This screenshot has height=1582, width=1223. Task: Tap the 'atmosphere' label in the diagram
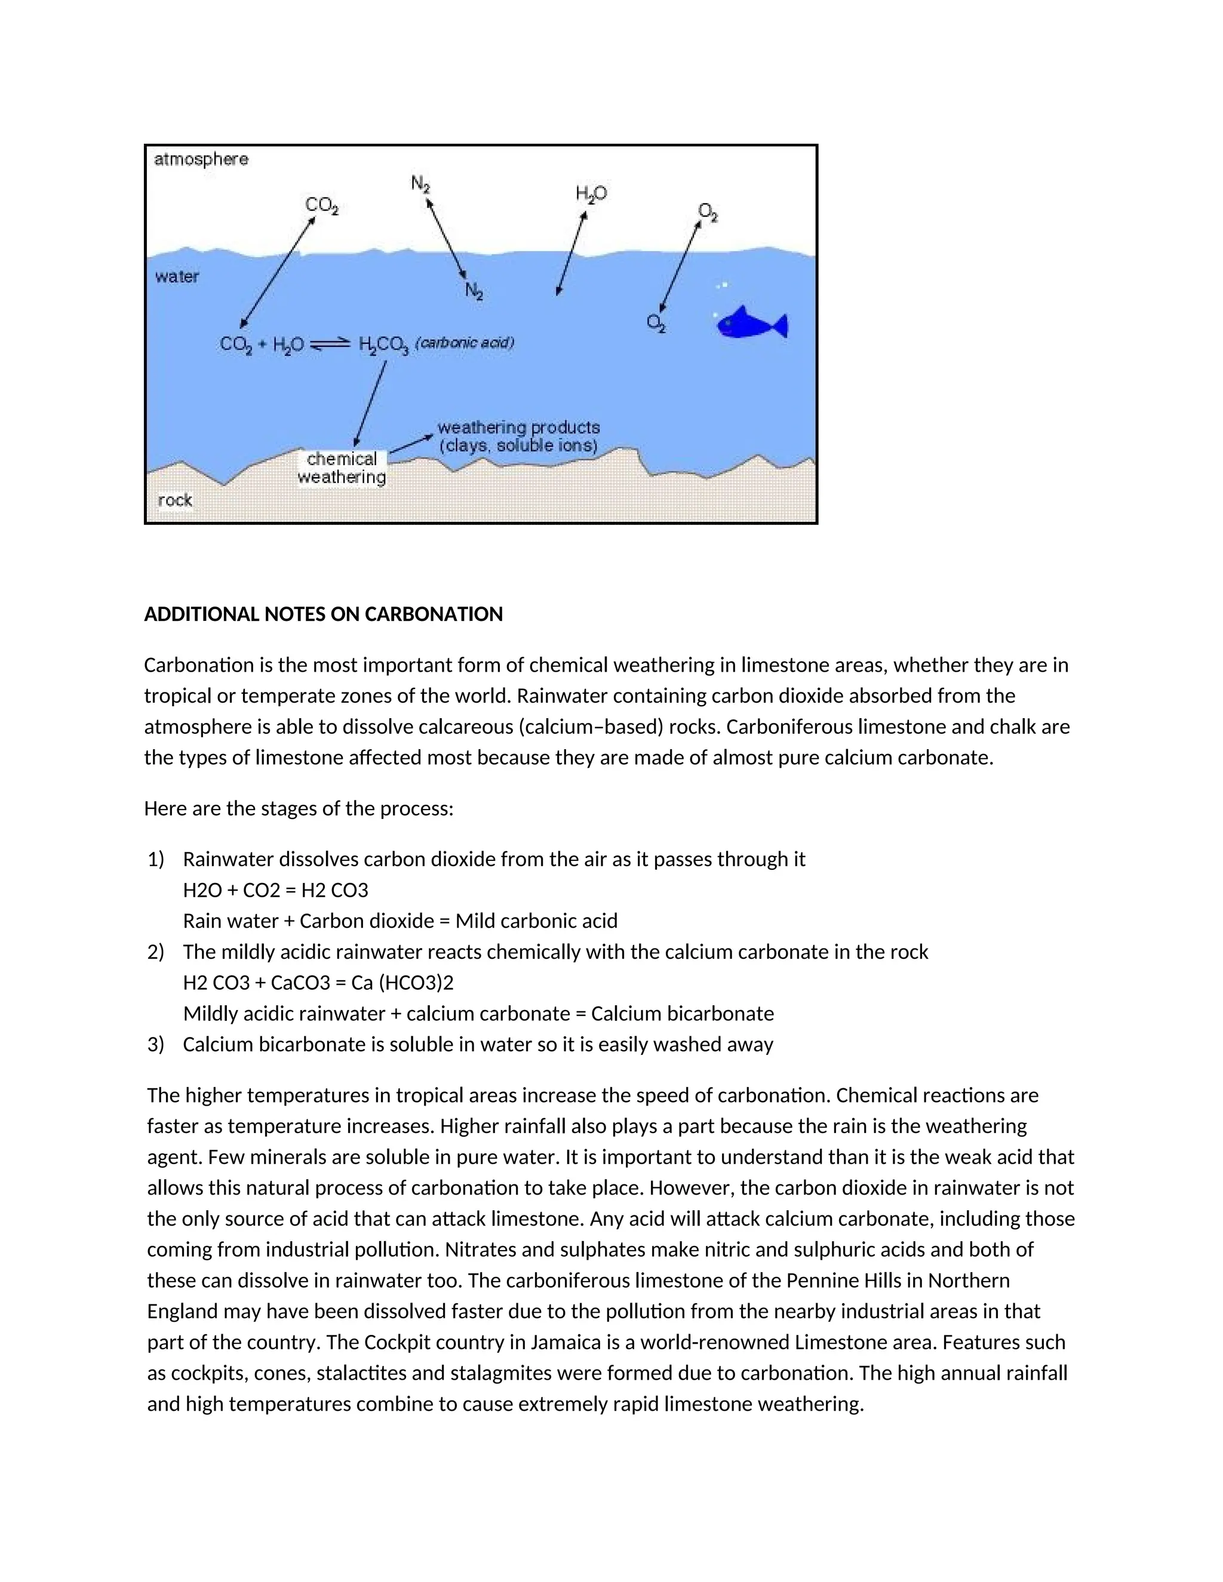click(x=201, y=159)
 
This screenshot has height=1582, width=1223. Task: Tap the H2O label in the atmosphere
click(x=591, y=193)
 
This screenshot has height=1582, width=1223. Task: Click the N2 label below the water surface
click(x=474, y=291)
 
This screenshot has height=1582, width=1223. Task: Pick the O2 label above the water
click(x=707, y=213)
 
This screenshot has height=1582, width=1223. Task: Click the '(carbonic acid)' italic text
click(x=465, y=343)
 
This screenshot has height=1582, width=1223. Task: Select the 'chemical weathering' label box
click(x=342, y=468)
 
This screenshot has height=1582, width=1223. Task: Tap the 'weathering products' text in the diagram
click(x=519, y=427)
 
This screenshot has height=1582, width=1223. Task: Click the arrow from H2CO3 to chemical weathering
click(x=370, y=404)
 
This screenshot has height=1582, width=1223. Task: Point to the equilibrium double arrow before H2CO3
click(x=330, y=345)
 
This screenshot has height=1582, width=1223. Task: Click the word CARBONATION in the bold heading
click(x=434, y=614)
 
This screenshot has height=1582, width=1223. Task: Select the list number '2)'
click(x=156, y=951)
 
